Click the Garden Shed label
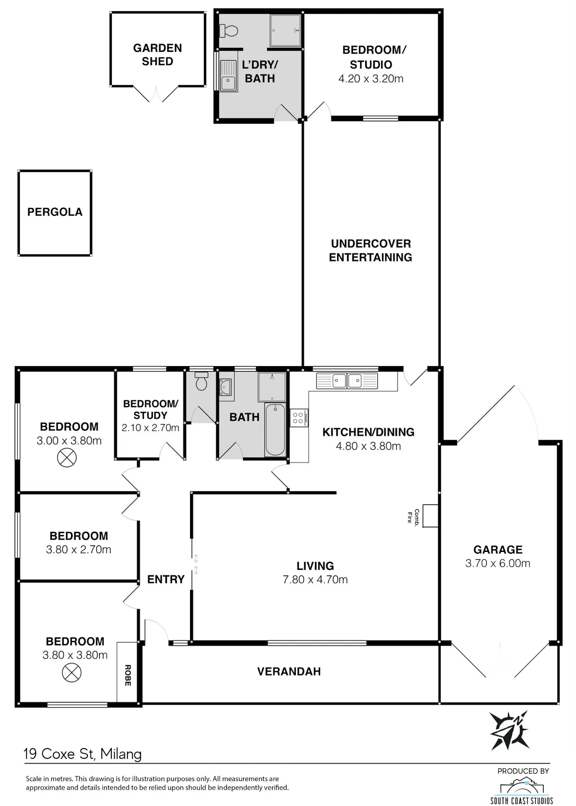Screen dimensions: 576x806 [x=157, y=55]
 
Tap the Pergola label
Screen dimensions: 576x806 [x=55, y=212]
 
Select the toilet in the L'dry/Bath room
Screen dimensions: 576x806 [x=228, y=31]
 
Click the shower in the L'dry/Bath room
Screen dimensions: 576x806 [x=285, y=30]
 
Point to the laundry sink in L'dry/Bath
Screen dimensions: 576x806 [x=228, y=76]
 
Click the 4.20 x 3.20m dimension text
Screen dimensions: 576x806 [x=371, y=79]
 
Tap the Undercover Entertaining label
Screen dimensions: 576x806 [x=371, y=250]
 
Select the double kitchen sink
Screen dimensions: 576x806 [x=347, y=381]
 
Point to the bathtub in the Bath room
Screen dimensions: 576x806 [x=275, y=429]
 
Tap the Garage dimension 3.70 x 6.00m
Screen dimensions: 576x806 [x=498, y=563]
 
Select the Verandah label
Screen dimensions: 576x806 [x=289, y=671]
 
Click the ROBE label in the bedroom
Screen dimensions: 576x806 [x=128, y=676]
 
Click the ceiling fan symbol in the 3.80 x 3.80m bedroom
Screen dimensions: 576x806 [x=72, y=672]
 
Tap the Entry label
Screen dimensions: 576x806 [x=166, y=579]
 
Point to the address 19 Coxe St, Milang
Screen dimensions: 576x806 [x=83, y=754]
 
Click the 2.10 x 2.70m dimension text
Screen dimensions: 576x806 [x=151, y=428]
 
